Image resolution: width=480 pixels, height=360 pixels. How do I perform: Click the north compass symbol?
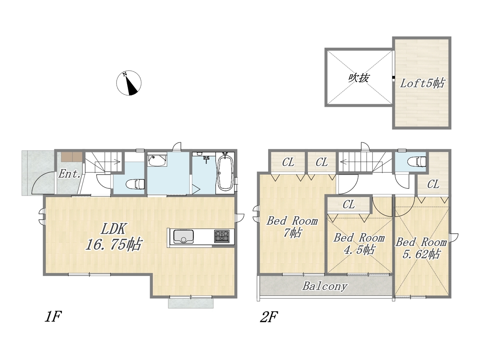129,83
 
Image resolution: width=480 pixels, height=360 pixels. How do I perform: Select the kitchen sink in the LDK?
183,236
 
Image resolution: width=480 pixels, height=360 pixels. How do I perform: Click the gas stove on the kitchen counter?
222,236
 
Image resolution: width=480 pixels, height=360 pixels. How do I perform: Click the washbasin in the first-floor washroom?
157,160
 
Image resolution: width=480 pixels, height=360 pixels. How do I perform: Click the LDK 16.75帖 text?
114,237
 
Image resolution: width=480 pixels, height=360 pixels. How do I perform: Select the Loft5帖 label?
422,83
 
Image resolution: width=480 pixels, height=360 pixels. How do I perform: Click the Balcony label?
325,286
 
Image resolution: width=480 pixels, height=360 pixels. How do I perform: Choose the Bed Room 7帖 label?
292,226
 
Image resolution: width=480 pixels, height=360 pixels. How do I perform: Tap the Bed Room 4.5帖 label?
359,244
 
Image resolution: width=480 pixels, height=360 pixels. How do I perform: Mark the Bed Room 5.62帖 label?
421,248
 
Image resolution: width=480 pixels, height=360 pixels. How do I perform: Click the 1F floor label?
53,317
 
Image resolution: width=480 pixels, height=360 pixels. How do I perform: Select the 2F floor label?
269,317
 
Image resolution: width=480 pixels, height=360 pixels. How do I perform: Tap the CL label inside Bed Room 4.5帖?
349,205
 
